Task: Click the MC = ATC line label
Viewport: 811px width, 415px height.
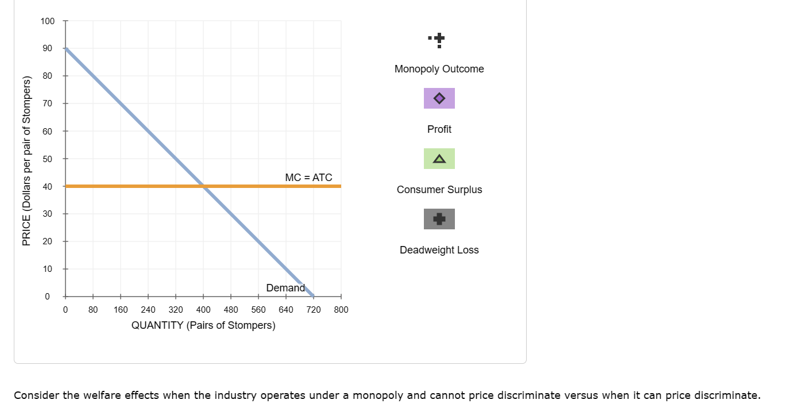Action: coord(308,178)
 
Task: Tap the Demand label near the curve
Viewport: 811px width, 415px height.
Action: coord(285,288)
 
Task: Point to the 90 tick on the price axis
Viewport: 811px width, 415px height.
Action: coord(46,48)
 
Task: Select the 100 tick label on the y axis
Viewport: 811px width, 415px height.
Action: coord(48,21)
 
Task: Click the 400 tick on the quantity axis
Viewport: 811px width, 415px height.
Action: coord(203,309)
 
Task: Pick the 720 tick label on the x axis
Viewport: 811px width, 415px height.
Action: coord(313,309)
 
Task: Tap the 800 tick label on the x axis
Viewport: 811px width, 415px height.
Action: coord(341,309)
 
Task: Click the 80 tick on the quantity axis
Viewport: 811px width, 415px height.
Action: coord(93,309)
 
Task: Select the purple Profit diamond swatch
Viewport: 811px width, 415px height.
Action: coord(439,98)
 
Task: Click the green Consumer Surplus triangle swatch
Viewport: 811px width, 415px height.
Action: coord(439,159)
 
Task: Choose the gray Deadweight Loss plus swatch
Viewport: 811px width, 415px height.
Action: coord(439,219)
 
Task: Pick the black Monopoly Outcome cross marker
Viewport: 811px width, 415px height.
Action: coord(439,39)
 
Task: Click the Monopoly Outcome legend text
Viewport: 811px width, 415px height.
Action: coord(439,69)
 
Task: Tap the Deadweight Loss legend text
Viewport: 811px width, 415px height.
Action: coord(439,250)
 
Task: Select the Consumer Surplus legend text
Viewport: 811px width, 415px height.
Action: coord(439,190)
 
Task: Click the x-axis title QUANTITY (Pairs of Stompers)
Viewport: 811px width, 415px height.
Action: coord(203,325)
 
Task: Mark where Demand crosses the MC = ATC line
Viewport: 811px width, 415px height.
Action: coord(203,186)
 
